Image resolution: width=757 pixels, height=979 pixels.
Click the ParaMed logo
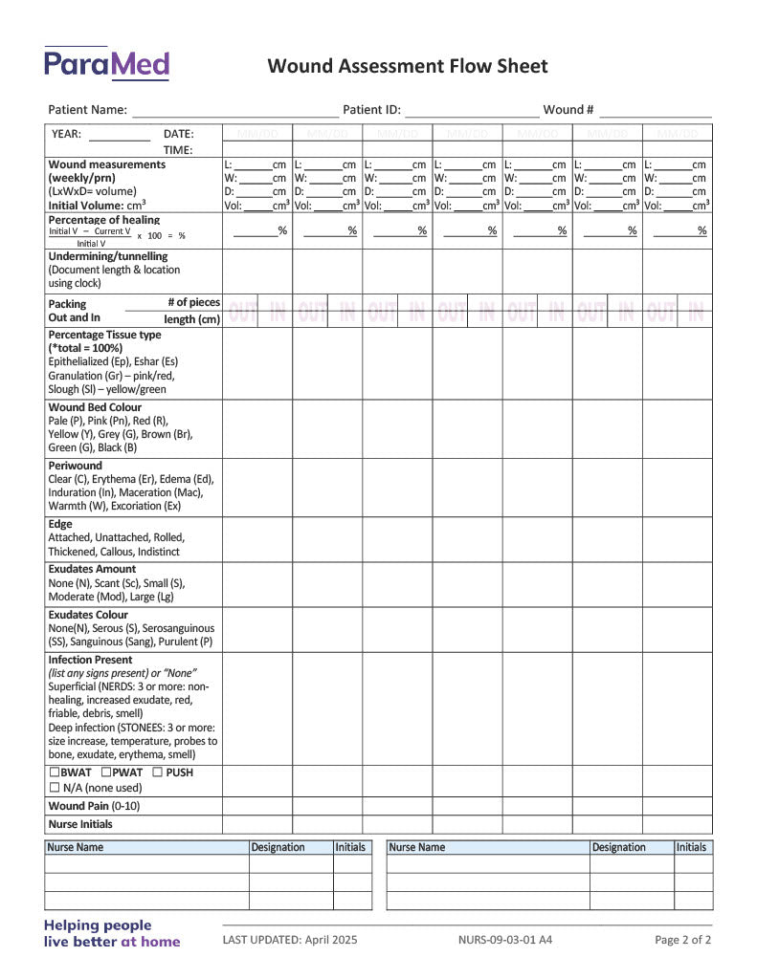point(106,63)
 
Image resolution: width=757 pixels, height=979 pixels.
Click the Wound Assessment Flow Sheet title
point(408,66)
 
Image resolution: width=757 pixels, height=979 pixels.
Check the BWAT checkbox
point(55,772)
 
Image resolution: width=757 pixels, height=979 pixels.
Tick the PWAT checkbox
point(106,772)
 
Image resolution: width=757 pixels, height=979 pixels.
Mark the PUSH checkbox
point(157,772)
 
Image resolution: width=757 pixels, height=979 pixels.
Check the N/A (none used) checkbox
point(55,788)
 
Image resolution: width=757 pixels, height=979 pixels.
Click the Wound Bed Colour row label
point(95,407)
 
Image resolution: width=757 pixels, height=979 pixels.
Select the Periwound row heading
point(75,466)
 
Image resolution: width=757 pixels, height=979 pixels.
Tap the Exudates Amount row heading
point(92,569)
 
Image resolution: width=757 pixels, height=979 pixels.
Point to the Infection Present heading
point(90,660)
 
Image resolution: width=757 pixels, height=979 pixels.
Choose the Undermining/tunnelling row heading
point(107,256)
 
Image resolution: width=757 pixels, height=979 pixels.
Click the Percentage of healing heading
point(103,220)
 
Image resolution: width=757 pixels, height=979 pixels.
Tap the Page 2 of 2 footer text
point(682,940)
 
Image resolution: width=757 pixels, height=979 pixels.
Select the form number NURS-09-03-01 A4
point(505,940)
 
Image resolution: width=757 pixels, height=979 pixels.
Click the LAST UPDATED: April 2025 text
point(290,940)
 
